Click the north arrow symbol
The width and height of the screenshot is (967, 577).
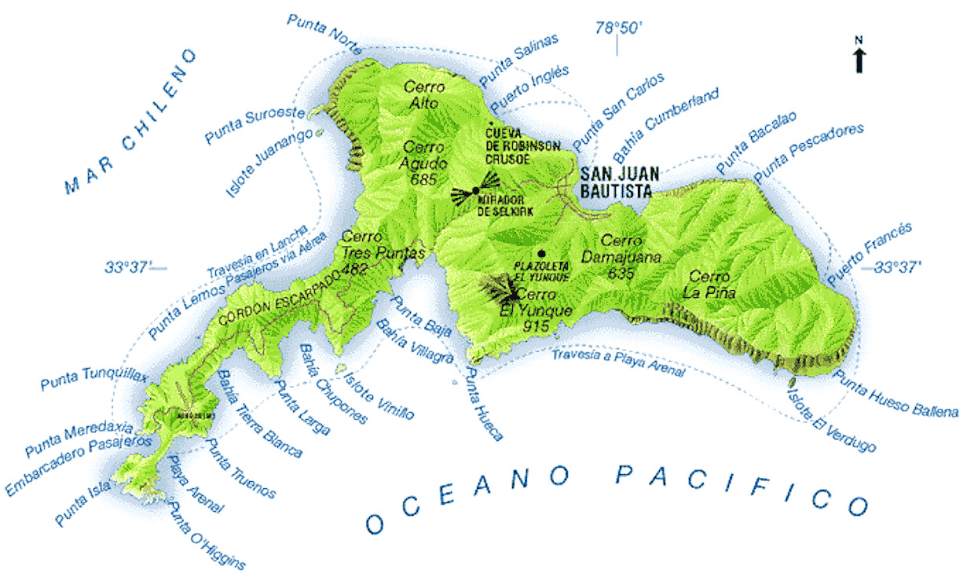click(x=859, y=57)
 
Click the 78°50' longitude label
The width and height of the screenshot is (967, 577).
click(x=618, y=28)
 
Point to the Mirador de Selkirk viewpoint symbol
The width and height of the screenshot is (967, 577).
click(x=475, y=191)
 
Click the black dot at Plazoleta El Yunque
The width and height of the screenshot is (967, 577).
click(x=541, y=253)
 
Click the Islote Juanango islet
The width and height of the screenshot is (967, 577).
click(x=320, y=133)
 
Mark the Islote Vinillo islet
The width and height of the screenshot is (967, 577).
click(x=342, y=368)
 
